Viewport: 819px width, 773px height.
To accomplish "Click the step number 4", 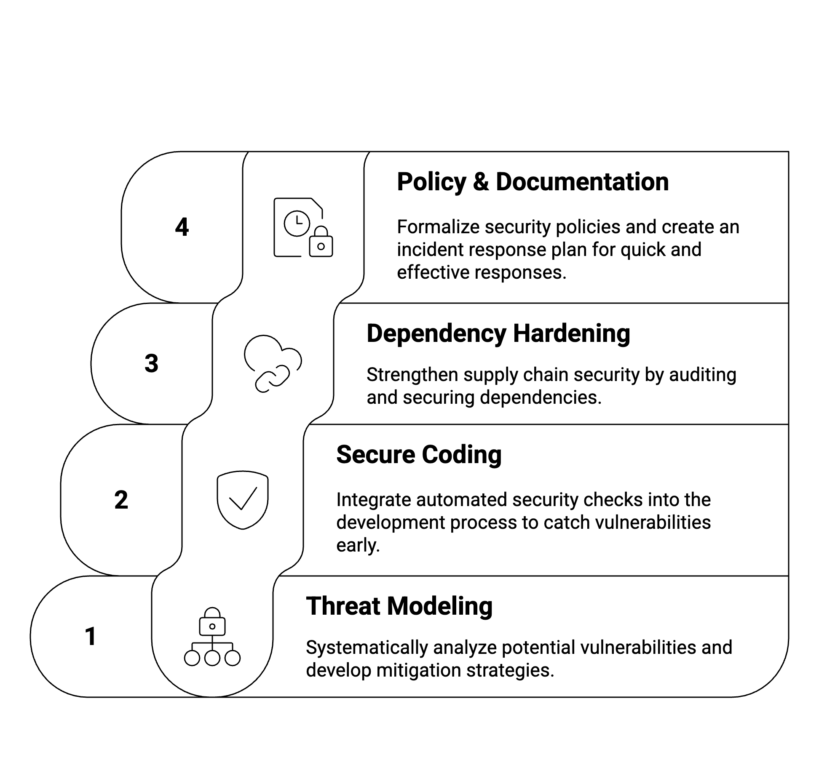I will point(182,227).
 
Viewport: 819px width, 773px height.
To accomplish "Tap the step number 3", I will point(152,363).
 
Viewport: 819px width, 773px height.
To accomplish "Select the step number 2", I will point(121,500).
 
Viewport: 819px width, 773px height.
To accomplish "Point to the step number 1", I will point(91,636).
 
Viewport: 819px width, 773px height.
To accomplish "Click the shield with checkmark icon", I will point(243,500).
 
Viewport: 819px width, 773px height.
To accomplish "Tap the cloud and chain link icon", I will point(273,363).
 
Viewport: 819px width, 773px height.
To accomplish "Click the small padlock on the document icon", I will point(321,243).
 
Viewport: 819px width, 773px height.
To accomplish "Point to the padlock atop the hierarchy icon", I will point(212,621).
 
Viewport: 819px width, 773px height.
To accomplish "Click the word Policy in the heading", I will point(431,182).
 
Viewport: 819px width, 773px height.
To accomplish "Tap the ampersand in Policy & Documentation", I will point(481,182).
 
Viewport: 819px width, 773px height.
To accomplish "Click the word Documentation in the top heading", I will point(582,182).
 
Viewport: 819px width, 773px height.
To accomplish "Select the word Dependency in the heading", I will point(436,334).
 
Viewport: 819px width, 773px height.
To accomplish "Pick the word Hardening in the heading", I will point(571,334).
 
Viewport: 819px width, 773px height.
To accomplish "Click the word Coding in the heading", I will point(462,455).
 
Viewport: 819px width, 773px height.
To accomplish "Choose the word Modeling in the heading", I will point(440,607).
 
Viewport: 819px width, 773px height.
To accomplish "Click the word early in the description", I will point(358,546).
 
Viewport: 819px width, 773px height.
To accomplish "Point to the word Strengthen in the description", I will point(412,375).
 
